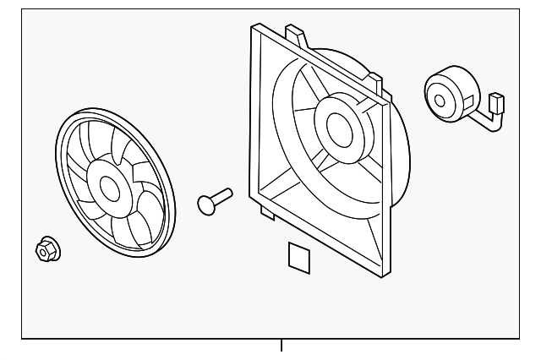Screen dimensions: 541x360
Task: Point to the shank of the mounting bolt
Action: click(x=223, y=196)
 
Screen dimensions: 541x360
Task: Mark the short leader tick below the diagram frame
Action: click(x=281, y=346)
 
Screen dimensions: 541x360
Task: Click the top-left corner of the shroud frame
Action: click(x=250, y=27)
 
